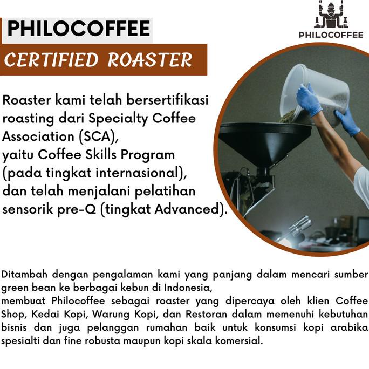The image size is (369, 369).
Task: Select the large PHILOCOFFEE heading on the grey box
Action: pos(78,29)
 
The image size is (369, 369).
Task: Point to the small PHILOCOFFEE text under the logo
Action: pos(331,35)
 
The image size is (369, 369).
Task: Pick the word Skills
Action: pos(102,155)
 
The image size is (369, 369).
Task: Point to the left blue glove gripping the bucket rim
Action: pos(308,100)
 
